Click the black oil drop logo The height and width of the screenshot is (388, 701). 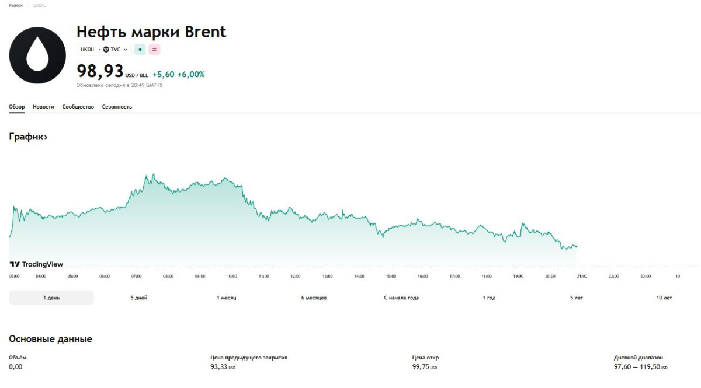(x=37, y=55)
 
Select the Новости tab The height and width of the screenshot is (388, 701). (x=43, y=107)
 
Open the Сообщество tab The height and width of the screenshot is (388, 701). (x=78, y=107)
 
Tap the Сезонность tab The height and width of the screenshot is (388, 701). (x=117, y=107)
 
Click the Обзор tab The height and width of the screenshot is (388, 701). (x=17, y=107)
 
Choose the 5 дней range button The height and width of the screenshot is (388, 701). (x=139, y=298)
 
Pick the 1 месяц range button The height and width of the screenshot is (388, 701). (x=227, y=298)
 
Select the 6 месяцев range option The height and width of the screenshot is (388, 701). (x=314, y=298)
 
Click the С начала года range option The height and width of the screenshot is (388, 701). (x=401, y=298)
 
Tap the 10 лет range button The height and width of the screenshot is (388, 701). (x=664, y=298)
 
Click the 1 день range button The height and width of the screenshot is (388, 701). (x=51, y=298)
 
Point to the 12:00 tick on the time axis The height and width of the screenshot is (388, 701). (x=296, y=276)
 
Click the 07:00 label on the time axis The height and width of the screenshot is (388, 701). (x=136, y=276)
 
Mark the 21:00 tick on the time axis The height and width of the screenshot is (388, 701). (x=582, y=276)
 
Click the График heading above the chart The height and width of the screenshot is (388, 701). (x=28, y=137)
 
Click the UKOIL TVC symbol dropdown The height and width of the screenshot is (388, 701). (x=104, y=50)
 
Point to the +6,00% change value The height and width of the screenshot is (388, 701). (x=191, y=75)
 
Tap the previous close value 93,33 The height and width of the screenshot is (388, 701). (x=218, y=367)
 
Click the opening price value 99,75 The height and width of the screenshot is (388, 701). (x=420, y=367)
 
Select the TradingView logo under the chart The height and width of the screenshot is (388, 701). (x=36, y=264)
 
